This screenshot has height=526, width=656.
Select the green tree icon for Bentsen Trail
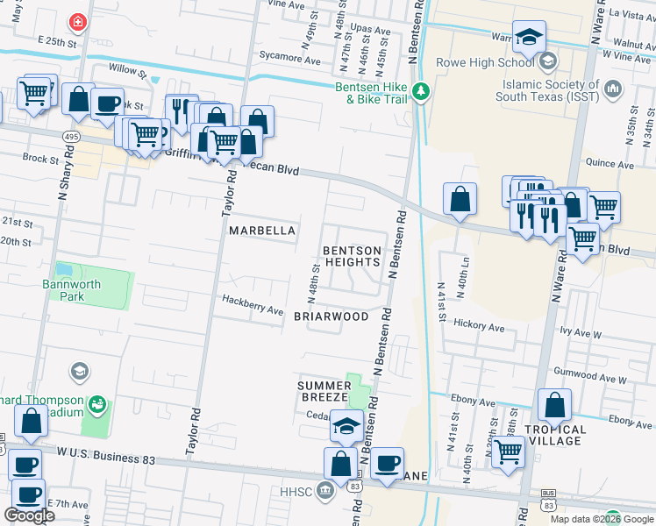pos(422,91)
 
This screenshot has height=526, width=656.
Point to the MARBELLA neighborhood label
pos(261,231)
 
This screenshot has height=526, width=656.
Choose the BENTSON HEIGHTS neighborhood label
pos(353,256)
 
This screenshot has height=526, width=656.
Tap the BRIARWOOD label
pos(331,316)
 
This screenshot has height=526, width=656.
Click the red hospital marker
pos(79,21)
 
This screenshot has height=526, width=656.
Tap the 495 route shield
pos(72,137)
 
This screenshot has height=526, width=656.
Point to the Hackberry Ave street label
pos(252,310)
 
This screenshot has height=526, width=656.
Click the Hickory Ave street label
pos(479,326)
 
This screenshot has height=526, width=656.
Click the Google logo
pos(29,515)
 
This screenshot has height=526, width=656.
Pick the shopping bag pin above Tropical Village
pos(554,405)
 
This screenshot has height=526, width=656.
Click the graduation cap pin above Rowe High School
pos(529,37)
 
